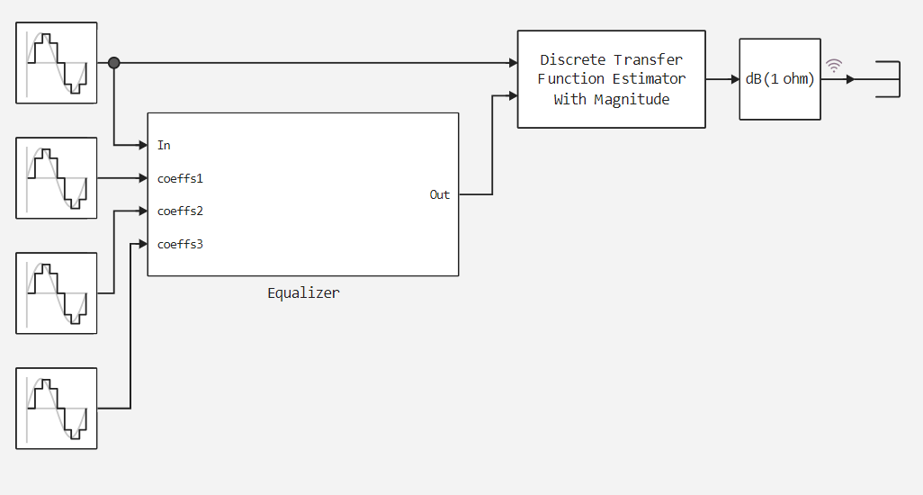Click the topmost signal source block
pos(57,63)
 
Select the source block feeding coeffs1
pos(57,178)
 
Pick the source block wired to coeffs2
pos(57,293)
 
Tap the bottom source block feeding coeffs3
pos(57,409)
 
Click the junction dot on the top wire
pos(114,63)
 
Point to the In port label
pos(164,145)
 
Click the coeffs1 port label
pos(180,178)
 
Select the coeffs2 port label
pos(180,211)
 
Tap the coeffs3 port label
pos(180,244)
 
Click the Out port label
pos(440,194)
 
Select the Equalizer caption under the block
pos(303,293)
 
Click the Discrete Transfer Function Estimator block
pos(612,79)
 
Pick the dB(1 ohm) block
pos(780,79)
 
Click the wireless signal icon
pos(834,66)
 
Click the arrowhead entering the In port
pos(143,145)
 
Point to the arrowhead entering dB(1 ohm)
pos(734,79)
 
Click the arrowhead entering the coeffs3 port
pos(143,244)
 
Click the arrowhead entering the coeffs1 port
pos(143,178)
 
